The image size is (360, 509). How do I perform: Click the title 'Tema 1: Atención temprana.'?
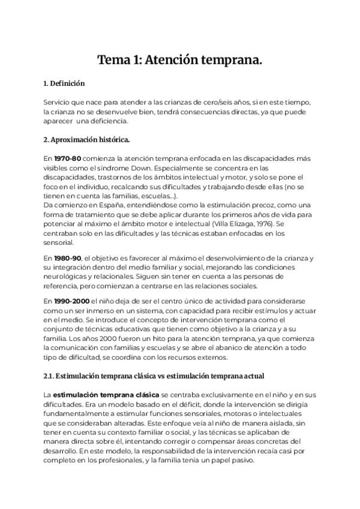click(x=180, y=60)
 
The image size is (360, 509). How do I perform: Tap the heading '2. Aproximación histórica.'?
click(x=86, y=140)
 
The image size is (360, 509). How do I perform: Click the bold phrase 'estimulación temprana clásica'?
click(x=106, y=394)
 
